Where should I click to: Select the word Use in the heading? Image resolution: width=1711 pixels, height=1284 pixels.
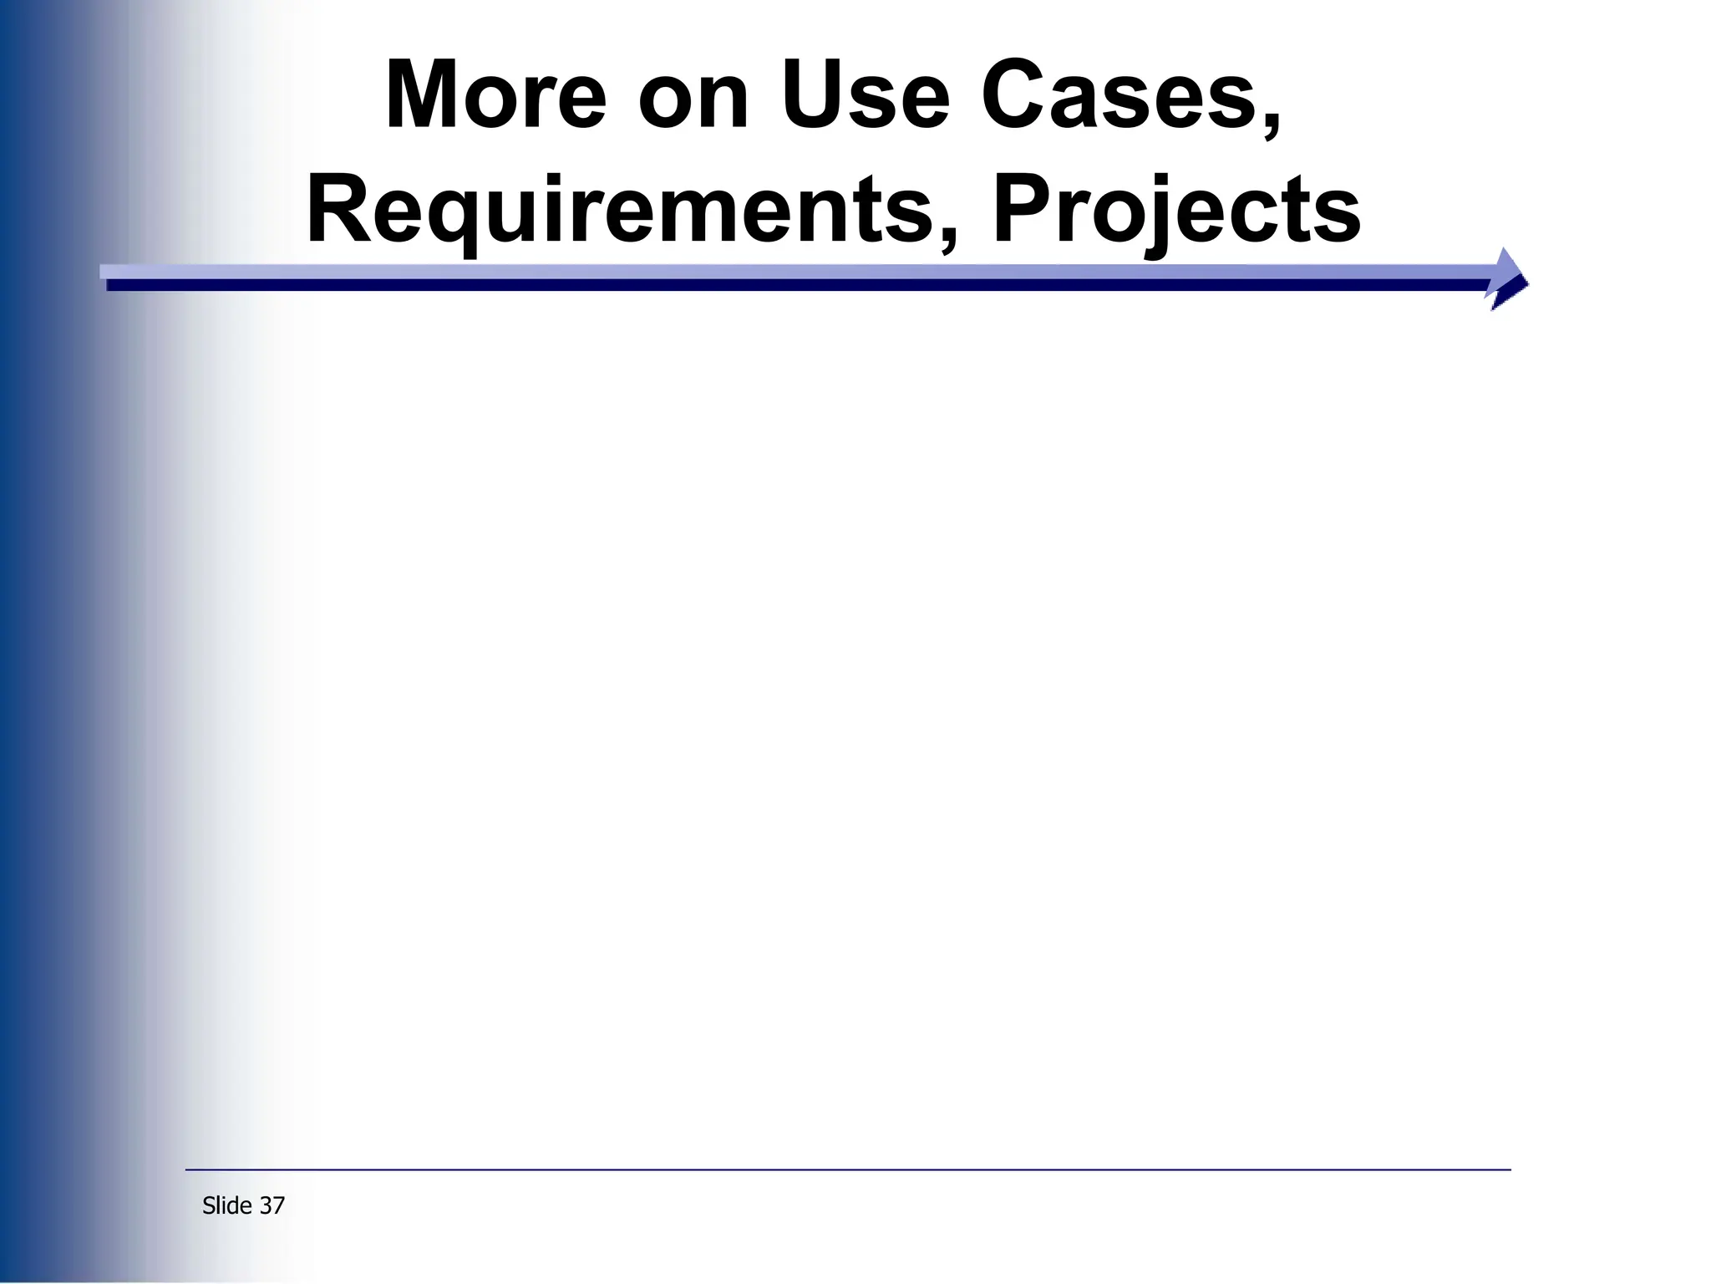click(x=866, y=96)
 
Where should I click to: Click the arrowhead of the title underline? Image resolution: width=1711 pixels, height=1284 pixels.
click(x=1509, y=278)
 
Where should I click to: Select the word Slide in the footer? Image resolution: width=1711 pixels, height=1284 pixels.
click(x=227, y=1205)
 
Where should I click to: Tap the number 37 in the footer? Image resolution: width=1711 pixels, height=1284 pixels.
click(x=272, y=1205)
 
